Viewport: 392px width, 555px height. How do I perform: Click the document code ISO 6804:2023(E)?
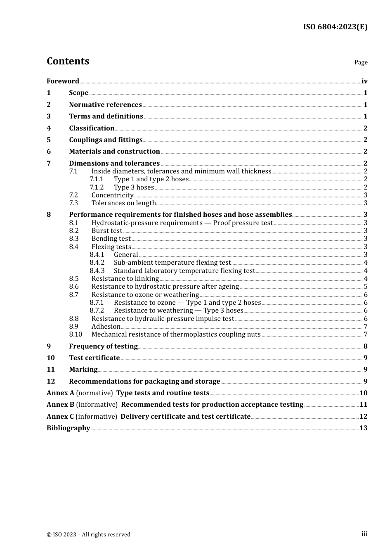pos(335,27)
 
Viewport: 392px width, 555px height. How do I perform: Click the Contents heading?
pos(68,61)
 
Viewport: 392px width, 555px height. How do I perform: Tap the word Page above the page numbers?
pos(361,62)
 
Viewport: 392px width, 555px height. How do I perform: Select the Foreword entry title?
pos(63,81)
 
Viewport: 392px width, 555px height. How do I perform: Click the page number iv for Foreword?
pos(364,81)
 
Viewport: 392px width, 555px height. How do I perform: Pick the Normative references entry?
pos(105,104)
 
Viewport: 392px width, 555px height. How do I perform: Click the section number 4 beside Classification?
pos(49,128)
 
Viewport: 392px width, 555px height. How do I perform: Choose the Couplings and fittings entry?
pos(106,140)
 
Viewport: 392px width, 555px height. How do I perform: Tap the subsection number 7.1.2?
pos(97,187)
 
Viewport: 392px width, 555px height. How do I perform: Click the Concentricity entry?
pos(112,195)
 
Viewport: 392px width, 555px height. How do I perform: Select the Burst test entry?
pos(107,230)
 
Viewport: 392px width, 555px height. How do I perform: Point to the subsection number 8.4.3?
pos(97,270)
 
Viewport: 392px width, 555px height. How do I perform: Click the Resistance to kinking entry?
pos(125,278)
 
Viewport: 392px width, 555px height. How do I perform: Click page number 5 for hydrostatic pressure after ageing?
pos(366,287)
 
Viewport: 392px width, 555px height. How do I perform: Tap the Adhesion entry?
pos(106,326)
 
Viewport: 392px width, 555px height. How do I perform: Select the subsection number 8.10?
pos(76,334)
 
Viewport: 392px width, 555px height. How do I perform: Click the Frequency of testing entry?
pos(103,346)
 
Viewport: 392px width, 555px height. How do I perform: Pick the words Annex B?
pos(60,404)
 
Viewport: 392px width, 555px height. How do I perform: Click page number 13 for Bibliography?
pos(363,428)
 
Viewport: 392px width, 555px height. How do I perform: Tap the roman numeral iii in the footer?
pos(364,534)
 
